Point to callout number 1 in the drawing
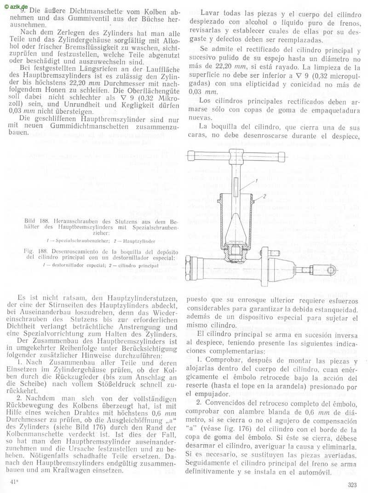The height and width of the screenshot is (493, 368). click(x=253, y=183)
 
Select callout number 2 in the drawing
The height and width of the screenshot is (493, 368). click(x=265, y=197)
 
